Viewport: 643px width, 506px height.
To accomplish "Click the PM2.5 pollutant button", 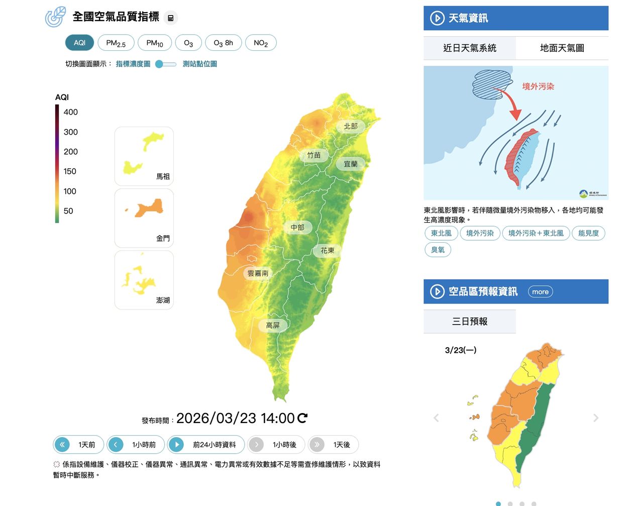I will point(116,43).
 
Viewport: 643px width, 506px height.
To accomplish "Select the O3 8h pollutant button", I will point(223,43).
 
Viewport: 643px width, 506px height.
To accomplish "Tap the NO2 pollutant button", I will point(261,43).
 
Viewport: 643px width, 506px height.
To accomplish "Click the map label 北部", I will point(351,126).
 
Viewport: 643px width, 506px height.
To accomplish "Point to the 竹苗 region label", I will point(314,155).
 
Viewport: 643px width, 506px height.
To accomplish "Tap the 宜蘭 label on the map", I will point(351,164).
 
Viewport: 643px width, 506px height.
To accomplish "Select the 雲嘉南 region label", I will point(258,273).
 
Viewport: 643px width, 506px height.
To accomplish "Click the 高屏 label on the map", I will point(273,326).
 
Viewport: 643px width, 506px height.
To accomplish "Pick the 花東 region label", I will point(328,250).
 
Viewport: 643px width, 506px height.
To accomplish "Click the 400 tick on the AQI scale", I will point(71,112).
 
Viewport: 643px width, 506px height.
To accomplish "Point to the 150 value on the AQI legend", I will point(70,171).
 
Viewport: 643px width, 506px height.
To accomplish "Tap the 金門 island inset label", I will point(163,238).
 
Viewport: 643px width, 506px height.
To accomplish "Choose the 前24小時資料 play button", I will point(206,445).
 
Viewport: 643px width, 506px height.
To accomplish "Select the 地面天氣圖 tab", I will point(562,48).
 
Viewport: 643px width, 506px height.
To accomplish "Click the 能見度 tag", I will point(588,233).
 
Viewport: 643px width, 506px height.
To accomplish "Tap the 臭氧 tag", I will point(438,250).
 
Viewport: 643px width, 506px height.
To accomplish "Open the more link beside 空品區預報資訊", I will point(540,292).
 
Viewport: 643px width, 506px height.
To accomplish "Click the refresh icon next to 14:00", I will point(302,418).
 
